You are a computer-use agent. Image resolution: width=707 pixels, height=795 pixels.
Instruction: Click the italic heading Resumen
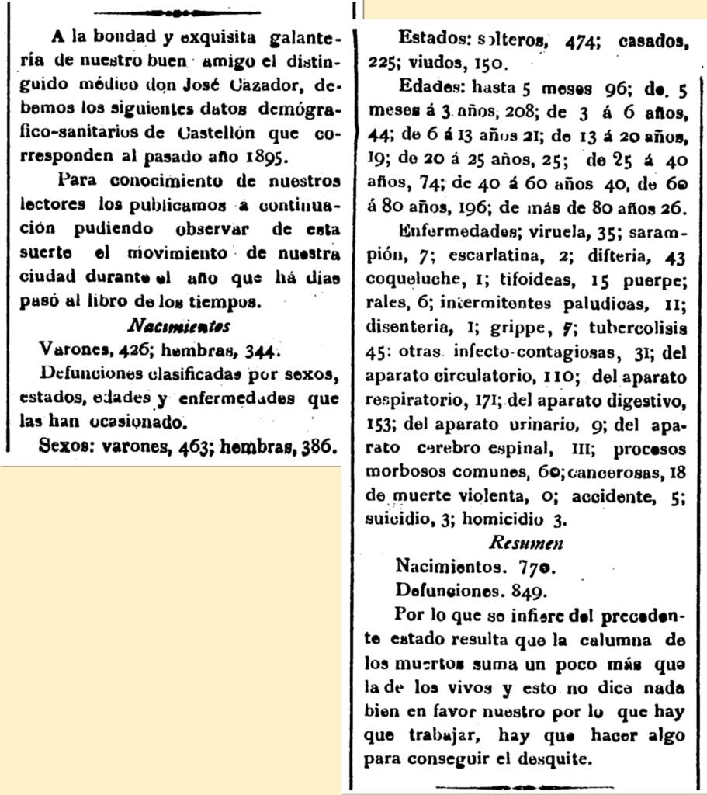(x=526, y=543)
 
